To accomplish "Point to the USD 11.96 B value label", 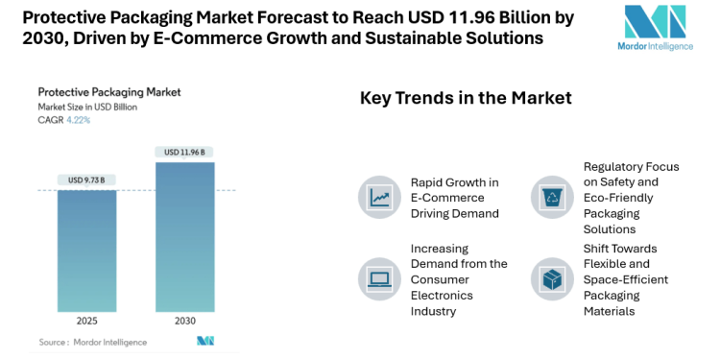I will click(x=184, y=152).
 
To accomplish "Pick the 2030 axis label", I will click(x=184, y=322).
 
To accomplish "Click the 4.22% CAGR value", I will click(x=79, y=120).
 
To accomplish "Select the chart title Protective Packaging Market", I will click(x=109, y=92).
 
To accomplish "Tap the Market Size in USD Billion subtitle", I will click(x=87, y=107).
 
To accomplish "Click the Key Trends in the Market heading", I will click(x=466, y=98).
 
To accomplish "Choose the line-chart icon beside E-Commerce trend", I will click(x=378, y=197).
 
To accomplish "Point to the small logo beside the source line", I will click(x=204, y=341).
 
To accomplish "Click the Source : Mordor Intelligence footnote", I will click(x=93, y=342).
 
